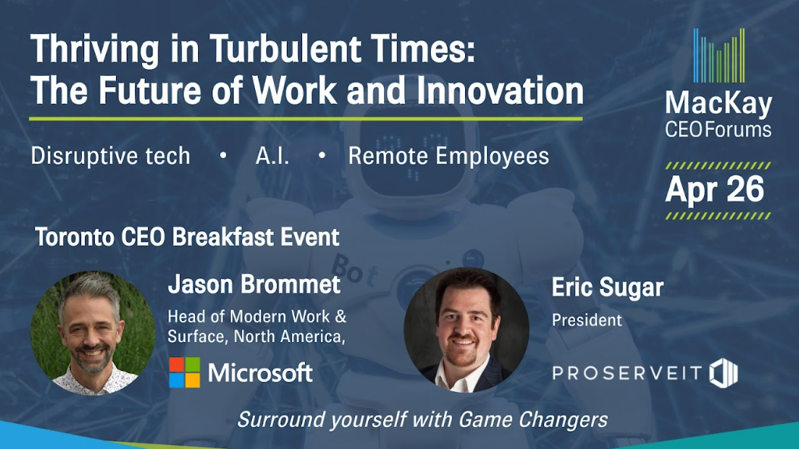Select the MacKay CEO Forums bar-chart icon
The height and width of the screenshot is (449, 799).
[719, 55]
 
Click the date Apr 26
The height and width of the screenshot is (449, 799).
[715, 190]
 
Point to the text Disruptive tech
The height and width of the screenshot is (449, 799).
[111, 155]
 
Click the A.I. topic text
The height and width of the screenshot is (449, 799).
[272, 155]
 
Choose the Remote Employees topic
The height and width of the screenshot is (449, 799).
[448, 155]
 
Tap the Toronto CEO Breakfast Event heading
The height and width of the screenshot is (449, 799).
[187, 237]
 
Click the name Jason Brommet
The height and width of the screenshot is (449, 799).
[254, 284]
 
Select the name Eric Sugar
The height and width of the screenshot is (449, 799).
[607, 287]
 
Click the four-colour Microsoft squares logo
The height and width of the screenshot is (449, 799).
[184, 372]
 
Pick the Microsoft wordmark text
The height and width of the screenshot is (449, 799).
[260, 373]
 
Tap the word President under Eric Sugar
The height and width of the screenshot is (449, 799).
[587, 320]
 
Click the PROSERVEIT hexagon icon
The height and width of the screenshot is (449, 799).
[724, 373]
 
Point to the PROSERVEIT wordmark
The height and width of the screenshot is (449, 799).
[628, 373]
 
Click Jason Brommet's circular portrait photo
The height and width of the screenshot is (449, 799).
[93, 333]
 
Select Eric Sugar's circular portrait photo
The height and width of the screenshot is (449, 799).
[466, 331]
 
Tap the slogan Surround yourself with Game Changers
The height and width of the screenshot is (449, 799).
[423, 420]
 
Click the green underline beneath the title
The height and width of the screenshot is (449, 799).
[306, 119]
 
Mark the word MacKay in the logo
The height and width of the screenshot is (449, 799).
[719, 103]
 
